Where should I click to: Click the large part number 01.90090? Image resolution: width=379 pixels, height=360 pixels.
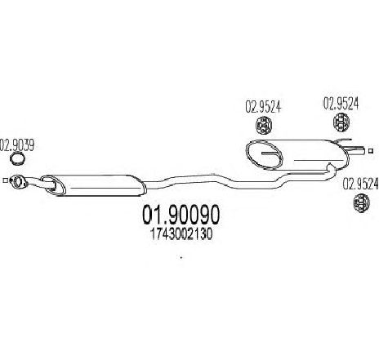181,215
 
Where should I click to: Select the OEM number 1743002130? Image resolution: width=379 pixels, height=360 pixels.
181,234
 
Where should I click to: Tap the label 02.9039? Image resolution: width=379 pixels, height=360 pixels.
17,145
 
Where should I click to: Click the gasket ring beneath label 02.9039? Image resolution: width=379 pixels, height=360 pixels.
17,159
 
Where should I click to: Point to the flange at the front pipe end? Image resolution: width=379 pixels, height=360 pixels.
18,181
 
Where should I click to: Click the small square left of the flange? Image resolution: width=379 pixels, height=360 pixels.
5,180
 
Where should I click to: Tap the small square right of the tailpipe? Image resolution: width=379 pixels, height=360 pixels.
370,150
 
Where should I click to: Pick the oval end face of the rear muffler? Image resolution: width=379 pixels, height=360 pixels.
263,154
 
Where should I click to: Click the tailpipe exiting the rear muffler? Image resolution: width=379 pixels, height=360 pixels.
355,150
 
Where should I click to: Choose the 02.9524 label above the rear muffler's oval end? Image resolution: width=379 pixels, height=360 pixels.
263,107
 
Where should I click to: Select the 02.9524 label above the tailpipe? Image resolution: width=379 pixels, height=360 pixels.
341,104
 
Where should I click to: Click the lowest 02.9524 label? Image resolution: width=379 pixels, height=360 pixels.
361,184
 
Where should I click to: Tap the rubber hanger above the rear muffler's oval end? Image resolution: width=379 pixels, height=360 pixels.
264,125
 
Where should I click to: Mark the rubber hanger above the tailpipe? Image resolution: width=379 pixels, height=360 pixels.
341,122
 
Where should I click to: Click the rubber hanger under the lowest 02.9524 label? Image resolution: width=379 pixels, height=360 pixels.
361,202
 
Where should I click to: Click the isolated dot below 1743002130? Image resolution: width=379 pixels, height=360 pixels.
181,256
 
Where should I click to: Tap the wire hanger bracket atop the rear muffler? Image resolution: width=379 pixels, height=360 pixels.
343,141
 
